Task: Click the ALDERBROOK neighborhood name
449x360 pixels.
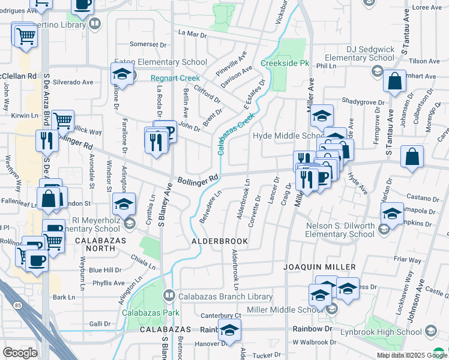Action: (x=220, y=241)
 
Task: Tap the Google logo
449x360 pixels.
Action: (x=20, y=353)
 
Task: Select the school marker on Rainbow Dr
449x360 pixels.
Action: (x=229, y=330)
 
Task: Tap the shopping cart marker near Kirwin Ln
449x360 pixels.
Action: (x=62, y=121)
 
